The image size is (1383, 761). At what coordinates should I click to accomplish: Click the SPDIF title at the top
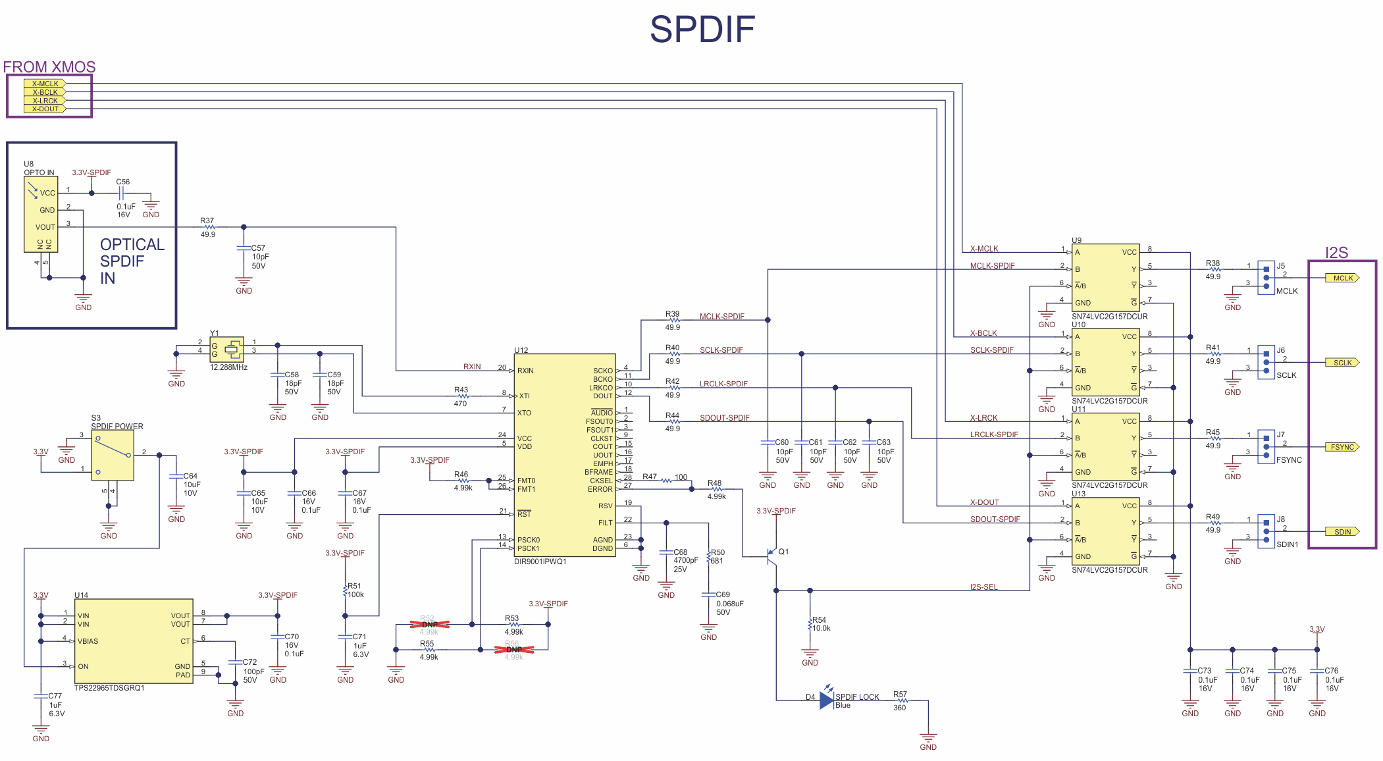click(702, 30)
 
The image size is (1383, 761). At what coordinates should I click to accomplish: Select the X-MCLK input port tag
click(45, 84)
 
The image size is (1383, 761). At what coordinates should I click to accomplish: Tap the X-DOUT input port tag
click(45, 109)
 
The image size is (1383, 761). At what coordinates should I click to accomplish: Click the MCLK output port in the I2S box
click(1342, 278)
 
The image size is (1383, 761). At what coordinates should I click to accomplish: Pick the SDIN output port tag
click(1342, 532)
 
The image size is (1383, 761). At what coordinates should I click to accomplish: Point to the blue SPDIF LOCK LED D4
click(827, 700)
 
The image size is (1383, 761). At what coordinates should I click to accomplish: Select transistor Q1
click(772, 556)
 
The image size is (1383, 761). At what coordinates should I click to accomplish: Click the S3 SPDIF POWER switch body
click(113, 455)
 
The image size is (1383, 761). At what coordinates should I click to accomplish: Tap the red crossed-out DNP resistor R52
click(429, 624)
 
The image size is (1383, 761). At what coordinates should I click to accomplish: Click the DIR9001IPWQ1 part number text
click(540, 562)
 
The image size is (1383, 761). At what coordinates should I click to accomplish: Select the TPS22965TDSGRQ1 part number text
click(109, 688)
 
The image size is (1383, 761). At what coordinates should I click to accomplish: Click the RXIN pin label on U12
click(525, 371)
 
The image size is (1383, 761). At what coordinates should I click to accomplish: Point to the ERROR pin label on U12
click(600, 489)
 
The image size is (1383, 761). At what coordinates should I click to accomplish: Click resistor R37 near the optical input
click(209, 227)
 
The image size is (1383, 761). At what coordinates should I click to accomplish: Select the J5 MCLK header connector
click(1266, 277)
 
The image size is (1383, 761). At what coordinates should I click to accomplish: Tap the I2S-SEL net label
click(983, 587)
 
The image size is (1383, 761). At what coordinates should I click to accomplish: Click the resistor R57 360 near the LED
click(900, 700)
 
